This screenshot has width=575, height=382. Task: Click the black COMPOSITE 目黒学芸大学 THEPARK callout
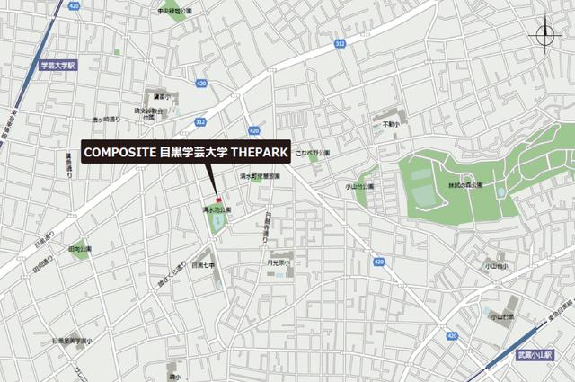point(185,153)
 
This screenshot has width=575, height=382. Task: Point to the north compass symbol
point(545,36)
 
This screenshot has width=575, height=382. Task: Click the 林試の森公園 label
point(464,185)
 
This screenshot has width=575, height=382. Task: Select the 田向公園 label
point(80,248)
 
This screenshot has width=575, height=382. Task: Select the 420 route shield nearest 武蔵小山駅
point(378,262)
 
